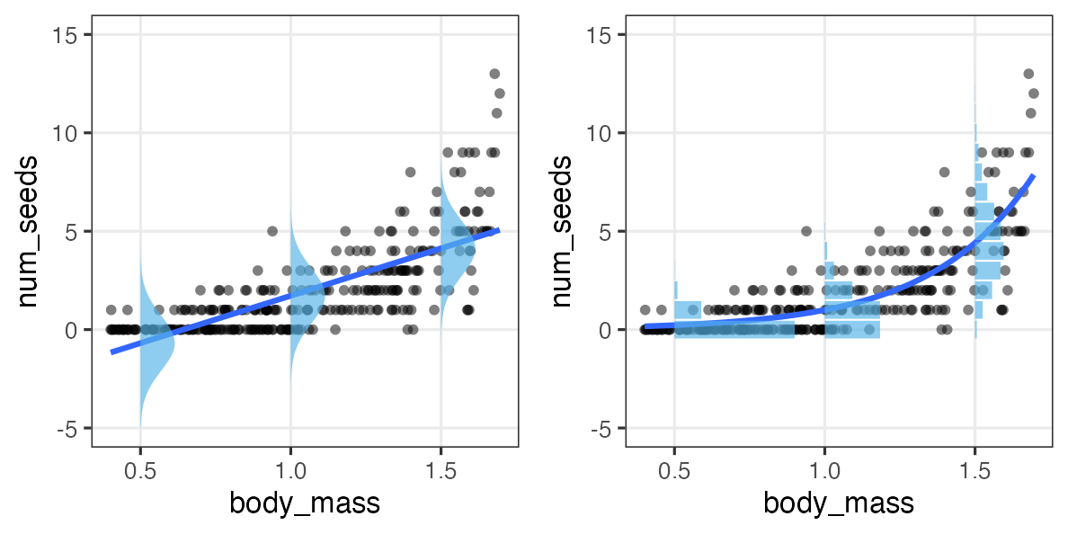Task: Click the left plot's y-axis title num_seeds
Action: [x=28, y=230]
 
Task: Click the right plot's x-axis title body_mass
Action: [x=838, y=503]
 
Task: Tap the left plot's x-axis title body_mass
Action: [x=304, y=503]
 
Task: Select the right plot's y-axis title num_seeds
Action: [x=562, y=230]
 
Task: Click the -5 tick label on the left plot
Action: [x=70, y=428]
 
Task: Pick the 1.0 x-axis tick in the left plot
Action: [x=289, y=468]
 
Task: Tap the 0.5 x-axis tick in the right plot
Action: [x=674, y=468]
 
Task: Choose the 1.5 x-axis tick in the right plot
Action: [x=975, y=468]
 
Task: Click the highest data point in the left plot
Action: [x=494, y=74]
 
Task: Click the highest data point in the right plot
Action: [x=1028, y=74]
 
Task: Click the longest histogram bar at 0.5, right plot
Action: [x=734, y=330]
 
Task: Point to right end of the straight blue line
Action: [x=498, y=230]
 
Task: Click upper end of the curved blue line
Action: [x=1034, y=176]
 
